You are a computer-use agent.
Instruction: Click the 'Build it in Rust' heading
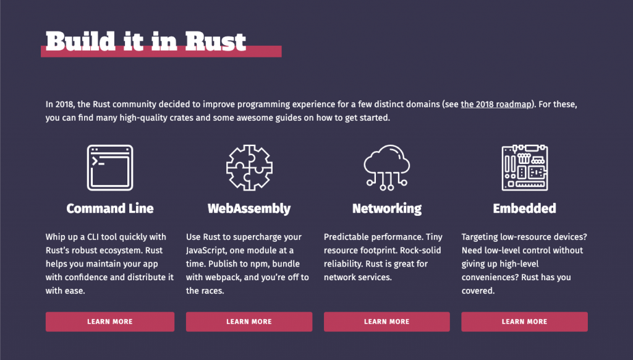(x=146, y=41)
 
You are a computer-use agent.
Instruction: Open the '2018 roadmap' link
(x=496, y=104)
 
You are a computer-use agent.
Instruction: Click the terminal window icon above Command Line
(x=110, y=167)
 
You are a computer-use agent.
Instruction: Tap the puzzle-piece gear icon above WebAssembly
(x=249, y=167)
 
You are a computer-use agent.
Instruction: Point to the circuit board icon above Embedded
(x=524, y=167)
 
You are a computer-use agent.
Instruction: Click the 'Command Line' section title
(x=110, y=208)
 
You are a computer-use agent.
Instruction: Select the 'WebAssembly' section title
(x=249, y=208)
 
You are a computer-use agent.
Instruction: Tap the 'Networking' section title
(x=387, y=208)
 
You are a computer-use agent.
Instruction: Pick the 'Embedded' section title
(x=524, y=208)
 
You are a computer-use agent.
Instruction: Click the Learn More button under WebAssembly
(x=249, y=322)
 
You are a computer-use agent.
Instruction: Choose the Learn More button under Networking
(x=387, y=322)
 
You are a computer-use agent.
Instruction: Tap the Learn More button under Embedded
(x=524, y=322)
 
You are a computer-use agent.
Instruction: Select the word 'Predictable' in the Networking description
(x=346, y=237)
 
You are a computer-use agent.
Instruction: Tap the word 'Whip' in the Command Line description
(x=56, y=237)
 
